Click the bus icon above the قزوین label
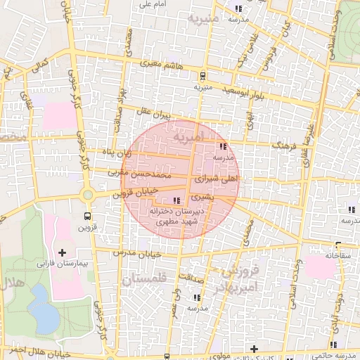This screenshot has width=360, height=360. pos(87,216)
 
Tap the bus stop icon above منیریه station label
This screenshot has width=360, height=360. pos(202,77)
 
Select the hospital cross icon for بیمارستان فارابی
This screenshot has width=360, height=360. pos(62,252)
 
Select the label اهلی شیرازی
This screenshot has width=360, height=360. pos(221,180)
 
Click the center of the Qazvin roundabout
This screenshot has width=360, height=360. pos(87,195)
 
